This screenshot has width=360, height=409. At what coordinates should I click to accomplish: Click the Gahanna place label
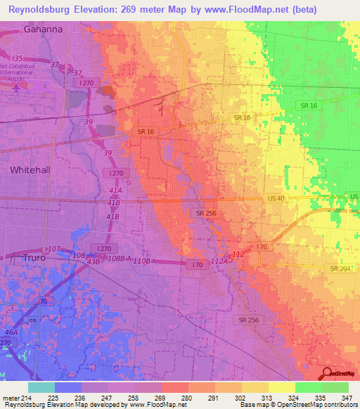(43, 30)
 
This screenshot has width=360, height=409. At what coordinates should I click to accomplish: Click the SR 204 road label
(339, 269)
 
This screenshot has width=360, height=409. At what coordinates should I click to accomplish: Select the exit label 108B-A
(120, 259)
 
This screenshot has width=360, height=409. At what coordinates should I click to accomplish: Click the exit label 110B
(142, 261)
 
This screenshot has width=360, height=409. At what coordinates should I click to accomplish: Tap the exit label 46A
(11, 332)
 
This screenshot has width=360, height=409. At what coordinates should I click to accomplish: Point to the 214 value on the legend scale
(32, 398)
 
